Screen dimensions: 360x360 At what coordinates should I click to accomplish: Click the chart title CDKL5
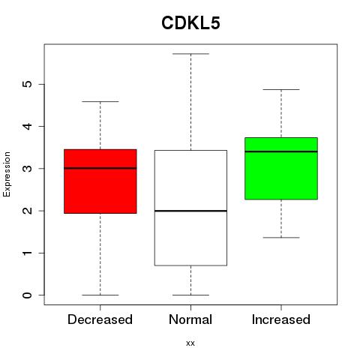click(190, 23)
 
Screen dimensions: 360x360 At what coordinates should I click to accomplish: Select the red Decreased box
click(100, 181)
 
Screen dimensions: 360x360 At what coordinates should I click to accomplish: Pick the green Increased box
click(281, 169)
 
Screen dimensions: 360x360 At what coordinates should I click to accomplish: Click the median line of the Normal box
click(190, 211)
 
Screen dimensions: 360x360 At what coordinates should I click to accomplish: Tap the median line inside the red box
click(100, 168)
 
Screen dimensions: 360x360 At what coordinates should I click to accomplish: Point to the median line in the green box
click(281, 151)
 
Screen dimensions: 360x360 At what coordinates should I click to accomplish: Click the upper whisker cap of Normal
click(190, 54)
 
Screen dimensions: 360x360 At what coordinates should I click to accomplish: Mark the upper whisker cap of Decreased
click(100, 102)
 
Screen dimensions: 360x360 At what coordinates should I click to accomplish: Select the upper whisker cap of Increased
click(281, 89)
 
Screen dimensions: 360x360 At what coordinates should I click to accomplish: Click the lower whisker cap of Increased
click(281, 238)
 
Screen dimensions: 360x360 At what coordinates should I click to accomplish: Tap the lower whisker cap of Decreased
click(100, 295)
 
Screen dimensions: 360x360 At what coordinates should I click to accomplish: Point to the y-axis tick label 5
click(28, 84)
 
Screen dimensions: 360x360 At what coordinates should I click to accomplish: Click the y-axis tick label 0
click(28, 295)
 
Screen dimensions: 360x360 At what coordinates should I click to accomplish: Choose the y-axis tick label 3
click(28, 169)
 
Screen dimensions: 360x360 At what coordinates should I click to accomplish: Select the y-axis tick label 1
click(28, 253)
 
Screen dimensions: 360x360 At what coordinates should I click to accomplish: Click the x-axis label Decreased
click(100, 319)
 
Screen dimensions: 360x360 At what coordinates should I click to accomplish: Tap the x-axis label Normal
click(190, 319)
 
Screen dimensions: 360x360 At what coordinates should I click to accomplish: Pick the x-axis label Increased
click(281, 319)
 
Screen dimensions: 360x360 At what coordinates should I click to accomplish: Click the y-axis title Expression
click(7, 174)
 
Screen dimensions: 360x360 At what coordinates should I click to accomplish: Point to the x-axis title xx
click(190, 343)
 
